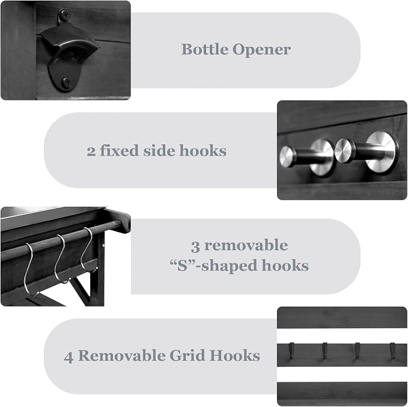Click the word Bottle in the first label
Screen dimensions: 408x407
tap(204, 49)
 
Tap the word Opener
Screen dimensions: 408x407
tap(261, 50)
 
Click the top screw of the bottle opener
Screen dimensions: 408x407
tap(64, 13)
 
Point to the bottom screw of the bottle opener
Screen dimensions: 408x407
tap(67, 82)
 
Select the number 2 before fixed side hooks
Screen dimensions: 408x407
tap(91, 151)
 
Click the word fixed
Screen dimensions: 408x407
tap(119, 150)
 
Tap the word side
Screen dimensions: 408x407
tap(159, 150)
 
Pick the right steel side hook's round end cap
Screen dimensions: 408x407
tap(343, 150)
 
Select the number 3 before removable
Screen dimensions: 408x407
tap(195, 246)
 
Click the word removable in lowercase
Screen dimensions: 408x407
tap(246, 245)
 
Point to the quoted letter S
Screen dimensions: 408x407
tap(182, 266)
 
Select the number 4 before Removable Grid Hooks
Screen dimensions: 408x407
tap(69, 357)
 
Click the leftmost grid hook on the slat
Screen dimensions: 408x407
tap(291, 351)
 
